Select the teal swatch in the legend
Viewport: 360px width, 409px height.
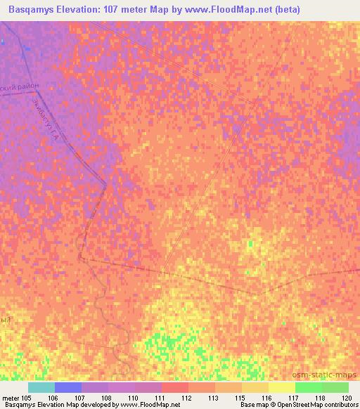[x=41, y=387]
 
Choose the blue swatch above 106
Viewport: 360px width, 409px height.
[x=68, y=387]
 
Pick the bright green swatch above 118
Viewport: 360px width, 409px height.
[x=309, y=387]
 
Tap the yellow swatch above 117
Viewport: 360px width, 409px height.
[x=282, y=387]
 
